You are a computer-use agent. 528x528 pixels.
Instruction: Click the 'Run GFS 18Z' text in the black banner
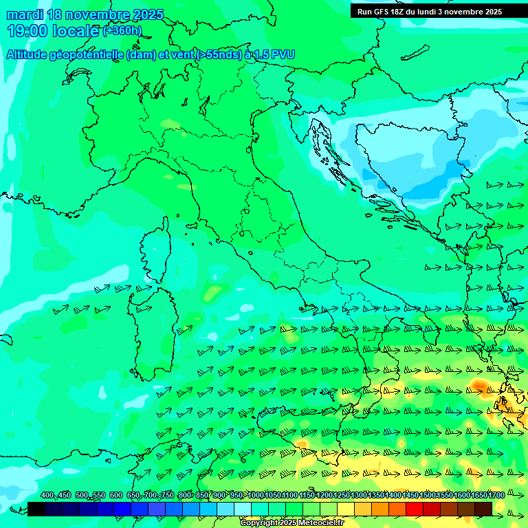pos(381,12)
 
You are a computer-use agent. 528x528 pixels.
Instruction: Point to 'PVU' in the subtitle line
pos(283,54)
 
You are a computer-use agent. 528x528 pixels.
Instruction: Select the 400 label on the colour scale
pos(47,496)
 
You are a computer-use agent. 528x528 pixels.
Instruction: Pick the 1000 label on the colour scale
pos(256,496)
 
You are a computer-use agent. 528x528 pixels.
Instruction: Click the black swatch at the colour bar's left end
pos(36,509)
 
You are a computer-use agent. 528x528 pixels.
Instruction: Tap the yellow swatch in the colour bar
pos(346,509)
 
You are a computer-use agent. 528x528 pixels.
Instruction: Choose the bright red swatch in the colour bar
pos(415,509)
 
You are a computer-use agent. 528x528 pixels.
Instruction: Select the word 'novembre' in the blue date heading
pos(102,14)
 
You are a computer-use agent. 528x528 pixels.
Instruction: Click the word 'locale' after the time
pos(75,31)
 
